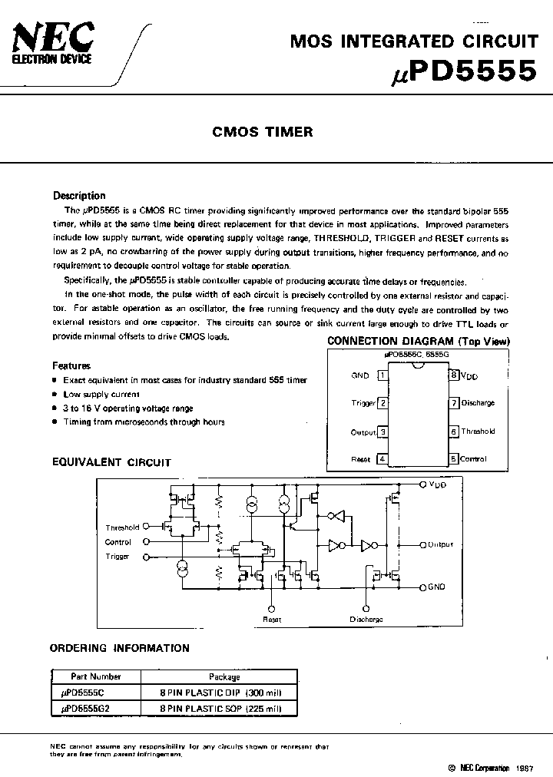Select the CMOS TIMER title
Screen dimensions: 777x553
(x=263, y=132)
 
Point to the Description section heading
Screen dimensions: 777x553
(x=79, y=196)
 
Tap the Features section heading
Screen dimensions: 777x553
(x=71, y=366)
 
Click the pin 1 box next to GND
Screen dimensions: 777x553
(x=382, y=375)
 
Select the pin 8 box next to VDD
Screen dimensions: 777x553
(x=454, y=375)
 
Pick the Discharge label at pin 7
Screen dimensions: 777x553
(x=478, y=403)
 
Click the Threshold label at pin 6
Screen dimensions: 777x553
(x=478, y=431)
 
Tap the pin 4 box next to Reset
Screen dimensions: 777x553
(x=382, y=459)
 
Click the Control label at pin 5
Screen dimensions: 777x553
(x=473, y=459)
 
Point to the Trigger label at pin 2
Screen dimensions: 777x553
(x=363, y=403)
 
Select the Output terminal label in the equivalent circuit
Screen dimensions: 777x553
(x=441, y=544)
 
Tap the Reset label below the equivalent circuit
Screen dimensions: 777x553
(x=273, y=619)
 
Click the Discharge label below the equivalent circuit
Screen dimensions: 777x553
(x=366, y=619)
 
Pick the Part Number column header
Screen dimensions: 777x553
(x=95, y=676)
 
